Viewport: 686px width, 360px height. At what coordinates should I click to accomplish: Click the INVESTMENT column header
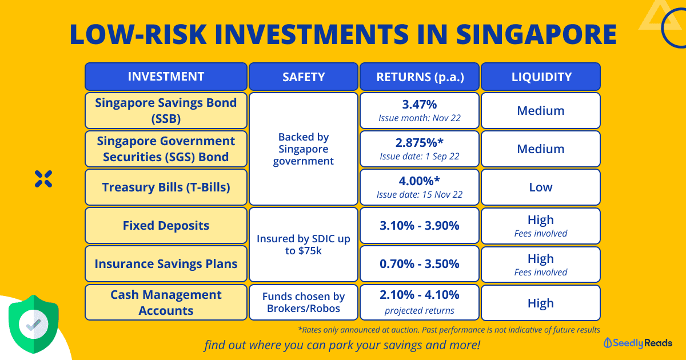pos(166,77)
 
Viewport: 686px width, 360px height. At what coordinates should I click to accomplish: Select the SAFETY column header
pos(304,77)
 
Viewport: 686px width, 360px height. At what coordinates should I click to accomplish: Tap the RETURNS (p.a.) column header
pos(420,77)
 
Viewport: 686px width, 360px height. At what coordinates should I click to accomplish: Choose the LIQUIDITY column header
pos(541,77)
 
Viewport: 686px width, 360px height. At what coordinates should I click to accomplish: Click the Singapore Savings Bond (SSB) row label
pos(166,110)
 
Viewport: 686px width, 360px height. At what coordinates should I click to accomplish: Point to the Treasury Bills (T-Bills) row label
pos(166,187)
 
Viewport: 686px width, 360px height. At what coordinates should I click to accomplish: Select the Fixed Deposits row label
pos(166,225)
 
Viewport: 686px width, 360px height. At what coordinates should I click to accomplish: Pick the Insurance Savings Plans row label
pos(166,264)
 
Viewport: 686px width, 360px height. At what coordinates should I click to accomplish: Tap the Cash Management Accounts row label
pos(166,302)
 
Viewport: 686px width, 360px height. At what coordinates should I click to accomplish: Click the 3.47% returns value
pos(420,105)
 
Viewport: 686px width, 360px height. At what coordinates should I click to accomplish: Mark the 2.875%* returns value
pos(420,143)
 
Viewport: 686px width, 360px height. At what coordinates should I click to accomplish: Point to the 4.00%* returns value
pos(420,182)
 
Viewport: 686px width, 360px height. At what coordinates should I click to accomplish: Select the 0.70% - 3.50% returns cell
pos(420,264)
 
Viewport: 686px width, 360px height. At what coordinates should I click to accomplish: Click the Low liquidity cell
pos(541,187)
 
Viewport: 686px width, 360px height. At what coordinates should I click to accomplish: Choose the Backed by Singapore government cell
pos(304,149)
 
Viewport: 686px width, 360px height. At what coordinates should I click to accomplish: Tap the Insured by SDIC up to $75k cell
pos(304,245)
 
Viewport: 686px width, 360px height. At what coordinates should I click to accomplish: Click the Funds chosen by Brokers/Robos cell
pos(304,302)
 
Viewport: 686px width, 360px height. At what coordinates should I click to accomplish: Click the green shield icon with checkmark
pos(34,324)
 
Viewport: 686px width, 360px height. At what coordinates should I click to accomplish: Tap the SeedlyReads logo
pos(638,343)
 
